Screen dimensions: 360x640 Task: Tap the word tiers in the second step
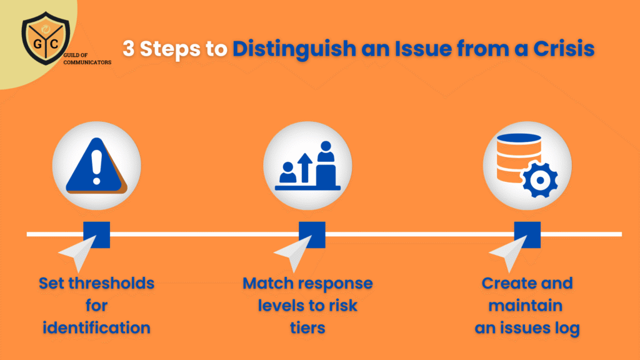(307, 327)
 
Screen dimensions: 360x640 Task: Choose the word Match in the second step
(267, 283)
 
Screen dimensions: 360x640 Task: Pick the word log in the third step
(566, 327)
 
